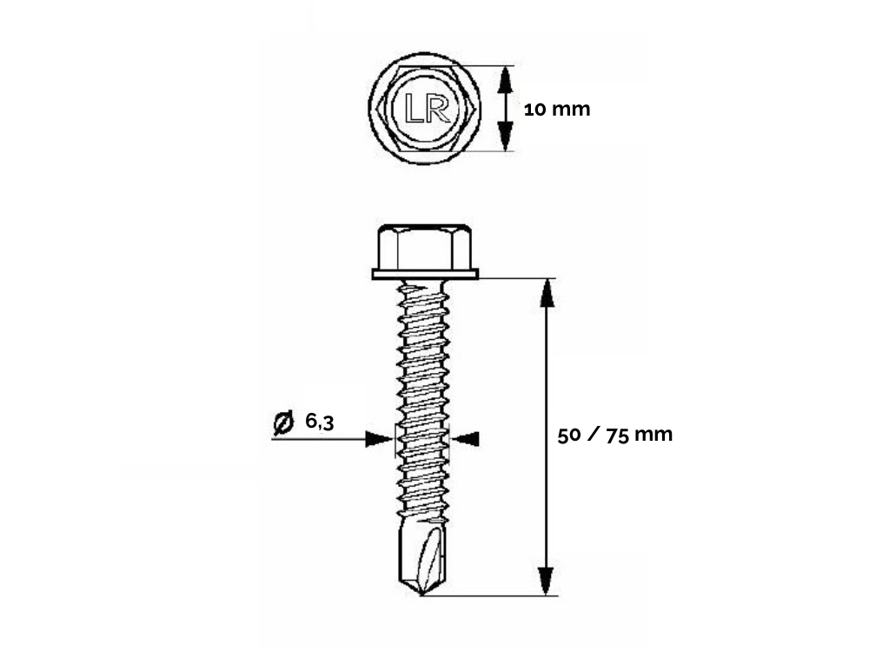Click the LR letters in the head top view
point(427,108)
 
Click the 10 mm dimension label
point(557,110)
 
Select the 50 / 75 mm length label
point(615,435)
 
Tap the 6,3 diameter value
point(320,422)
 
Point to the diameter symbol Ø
point(283,422)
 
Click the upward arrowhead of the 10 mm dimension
point(504,79)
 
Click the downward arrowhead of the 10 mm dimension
point(504,136)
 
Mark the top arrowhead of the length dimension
point(547,293)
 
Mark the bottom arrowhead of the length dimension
point(547,582)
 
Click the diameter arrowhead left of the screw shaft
point(380,439)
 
